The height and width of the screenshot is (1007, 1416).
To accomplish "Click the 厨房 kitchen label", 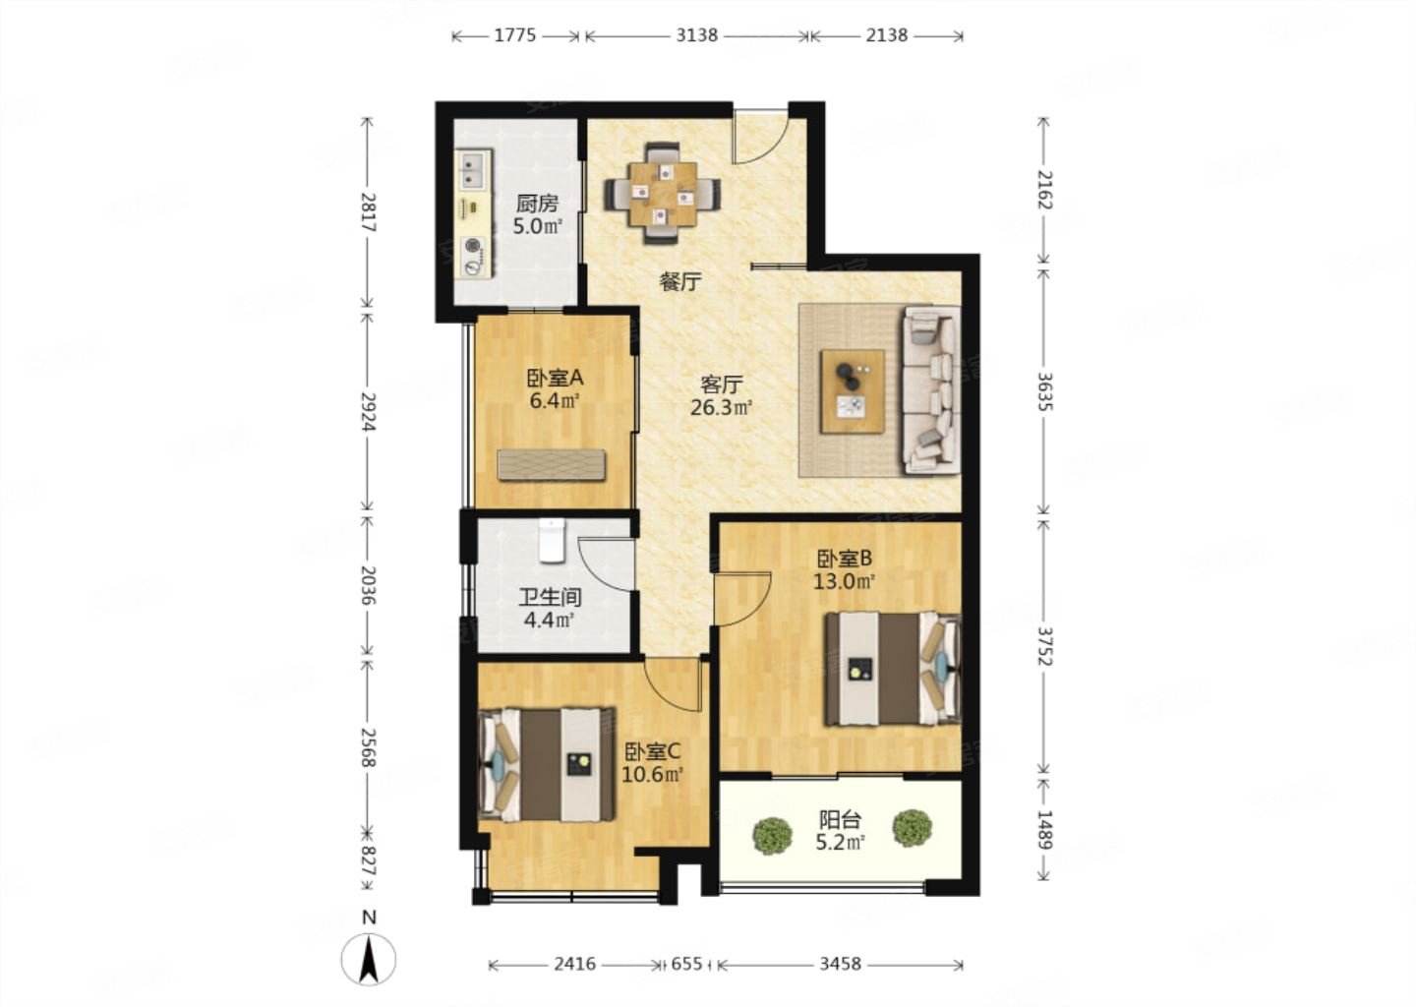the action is click(x=537, y=204).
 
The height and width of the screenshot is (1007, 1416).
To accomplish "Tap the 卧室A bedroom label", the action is click(x=555, y=378).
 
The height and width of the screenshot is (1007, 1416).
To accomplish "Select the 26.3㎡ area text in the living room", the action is click(x=721, y=407).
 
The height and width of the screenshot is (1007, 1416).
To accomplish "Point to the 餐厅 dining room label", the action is click(x=680, y=282).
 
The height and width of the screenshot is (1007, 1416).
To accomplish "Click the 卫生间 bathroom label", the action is click(x=550, y=597).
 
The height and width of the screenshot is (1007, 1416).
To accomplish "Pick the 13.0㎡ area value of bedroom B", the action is click(x=844, y=581).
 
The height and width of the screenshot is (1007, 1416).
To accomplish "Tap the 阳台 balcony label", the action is click(x=840, y=820).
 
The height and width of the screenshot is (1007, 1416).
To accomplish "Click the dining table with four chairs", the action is click(x=662, y=194).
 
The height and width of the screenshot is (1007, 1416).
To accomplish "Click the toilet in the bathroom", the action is click(x=552, y=541).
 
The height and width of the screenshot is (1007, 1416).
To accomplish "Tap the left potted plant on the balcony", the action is click(x=773, y=836).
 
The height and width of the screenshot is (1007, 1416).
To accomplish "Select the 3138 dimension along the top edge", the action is click(x=696, y=35).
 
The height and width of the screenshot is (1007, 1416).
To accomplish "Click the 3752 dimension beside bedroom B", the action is click(x=1043, y=646).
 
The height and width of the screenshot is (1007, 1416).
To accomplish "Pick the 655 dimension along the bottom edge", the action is click(x=686, y=964).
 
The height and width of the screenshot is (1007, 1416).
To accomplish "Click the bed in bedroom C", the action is click(x=547, y=765).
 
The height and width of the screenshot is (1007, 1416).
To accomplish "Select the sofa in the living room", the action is click(x=931, y=390).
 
